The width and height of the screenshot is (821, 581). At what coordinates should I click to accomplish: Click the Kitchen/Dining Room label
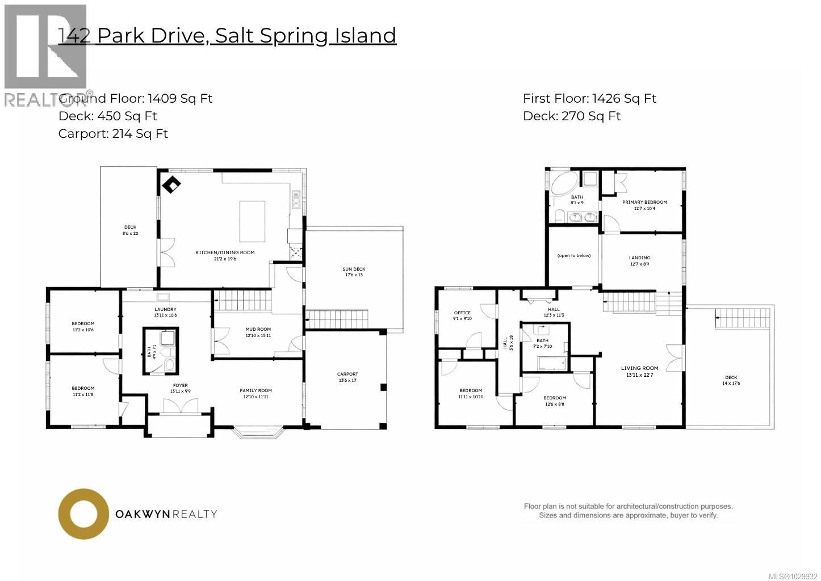pyautogui.click(x=225, y=252)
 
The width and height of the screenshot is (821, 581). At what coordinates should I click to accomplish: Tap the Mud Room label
pyautogui.click(x=258, y=329)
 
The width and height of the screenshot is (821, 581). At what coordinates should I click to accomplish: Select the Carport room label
pyautogui.click(x=347, y=374)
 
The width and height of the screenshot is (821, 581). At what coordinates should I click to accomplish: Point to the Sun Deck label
pyautogui.click(x=354, y=269)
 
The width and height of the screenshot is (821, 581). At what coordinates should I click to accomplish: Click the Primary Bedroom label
pyautogui.click(x=644, y=202)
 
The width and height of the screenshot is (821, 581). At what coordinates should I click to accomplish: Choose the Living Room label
pyautogui.click(x=639, y=368)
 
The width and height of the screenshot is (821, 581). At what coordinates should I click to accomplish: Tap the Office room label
pyautogui.click(x=462, y=313)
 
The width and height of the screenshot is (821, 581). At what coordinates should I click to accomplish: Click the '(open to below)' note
pyautogui.click(x=574, y=255)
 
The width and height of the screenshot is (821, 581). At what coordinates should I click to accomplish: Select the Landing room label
pyautogui.click(x=639, y=258)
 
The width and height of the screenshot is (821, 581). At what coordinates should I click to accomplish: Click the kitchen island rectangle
pyautogui.click(x=252, y=221)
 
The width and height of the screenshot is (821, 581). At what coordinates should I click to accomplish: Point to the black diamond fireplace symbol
pyautogui.click(x=172, y=184)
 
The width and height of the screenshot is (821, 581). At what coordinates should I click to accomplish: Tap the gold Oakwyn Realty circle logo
pyautogui.click(x=83, y=514)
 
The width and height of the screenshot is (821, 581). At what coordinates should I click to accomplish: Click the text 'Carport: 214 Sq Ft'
pyautogui.click(x=113, y=134)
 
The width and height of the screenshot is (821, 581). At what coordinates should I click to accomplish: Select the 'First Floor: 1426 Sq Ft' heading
pyautogui.click(x=589, y=99)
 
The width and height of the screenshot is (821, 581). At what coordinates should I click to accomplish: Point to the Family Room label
pyautogui.click(x=255, y=390)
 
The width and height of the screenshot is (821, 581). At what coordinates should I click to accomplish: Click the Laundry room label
pyautogui.click(x=165, y=309)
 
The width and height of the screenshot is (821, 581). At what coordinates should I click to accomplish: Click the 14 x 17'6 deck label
pyautogui.click(x=731, y=380)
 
